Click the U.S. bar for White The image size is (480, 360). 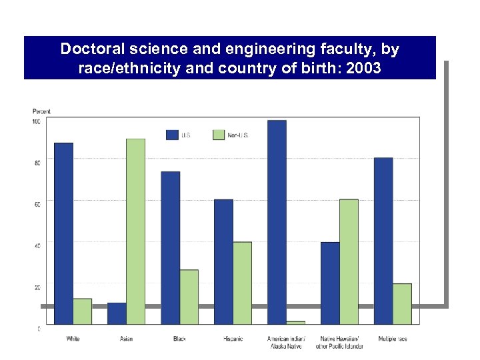pyautogui.click(x=63, y=233)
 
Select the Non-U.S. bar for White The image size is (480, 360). pyautogui.click(x=82, y=311)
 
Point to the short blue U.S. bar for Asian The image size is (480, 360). pyautogui.click(x=117, y=313)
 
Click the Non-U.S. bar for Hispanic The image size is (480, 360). pyautogui.click(x=242, y=283)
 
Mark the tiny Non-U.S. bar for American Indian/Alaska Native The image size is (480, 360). pyautogui.click(x=295, y=323)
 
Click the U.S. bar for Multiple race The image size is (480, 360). pyautogui.click(x=383, y=241)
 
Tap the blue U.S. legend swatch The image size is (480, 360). pyautogui.click(x=172, y=135)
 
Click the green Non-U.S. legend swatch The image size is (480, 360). pyautogui.click(x=219, y=135)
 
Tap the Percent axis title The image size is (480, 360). pyautogui.click(x=41, y=111)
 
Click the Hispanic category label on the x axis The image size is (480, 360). pyautogui.click(x=233, y=339)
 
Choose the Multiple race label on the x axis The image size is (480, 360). pyautogui.click(x=392, y=339)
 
